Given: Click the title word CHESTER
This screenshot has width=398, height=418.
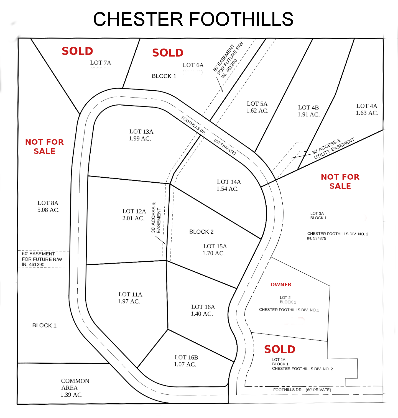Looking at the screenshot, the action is tap(138, 19).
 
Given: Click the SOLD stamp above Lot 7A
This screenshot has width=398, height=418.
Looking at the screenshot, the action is tap(77, 51).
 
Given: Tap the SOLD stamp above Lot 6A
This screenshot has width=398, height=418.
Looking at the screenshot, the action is tap(168, 53).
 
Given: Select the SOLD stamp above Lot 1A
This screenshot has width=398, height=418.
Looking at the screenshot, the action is tap(280, 350).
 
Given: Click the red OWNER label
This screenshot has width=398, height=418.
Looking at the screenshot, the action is tap(281, 285).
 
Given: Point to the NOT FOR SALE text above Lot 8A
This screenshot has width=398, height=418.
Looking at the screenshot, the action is tap(44, 146).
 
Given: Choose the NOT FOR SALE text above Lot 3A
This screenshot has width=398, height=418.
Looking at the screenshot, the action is tap(340, 181).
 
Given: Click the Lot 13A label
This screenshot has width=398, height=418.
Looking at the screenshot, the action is tap(141, 132).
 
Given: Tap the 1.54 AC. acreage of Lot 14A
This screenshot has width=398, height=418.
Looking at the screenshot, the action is tap(228, 189).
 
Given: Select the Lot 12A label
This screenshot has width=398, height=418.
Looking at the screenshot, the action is tap(134, 211).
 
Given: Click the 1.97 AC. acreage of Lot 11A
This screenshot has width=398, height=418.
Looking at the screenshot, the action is tap(129, 301).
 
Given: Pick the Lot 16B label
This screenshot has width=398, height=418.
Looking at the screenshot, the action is tap(186, 357).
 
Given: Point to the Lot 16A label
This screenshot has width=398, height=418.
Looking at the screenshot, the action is tap(203, 307).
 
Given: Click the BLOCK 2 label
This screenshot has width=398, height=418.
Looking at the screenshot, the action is tap(201, 232).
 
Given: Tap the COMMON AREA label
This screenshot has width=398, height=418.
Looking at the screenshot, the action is tap(75, 384).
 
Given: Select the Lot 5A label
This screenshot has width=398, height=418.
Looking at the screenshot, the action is tap(257, 104).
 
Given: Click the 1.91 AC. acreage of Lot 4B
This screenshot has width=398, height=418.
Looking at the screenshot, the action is tap(309, 114).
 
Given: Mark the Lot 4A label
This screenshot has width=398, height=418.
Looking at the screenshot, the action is tap(367, 106).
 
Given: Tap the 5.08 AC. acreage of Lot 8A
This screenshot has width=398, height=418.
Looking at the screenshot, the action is tap(49, 210).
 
